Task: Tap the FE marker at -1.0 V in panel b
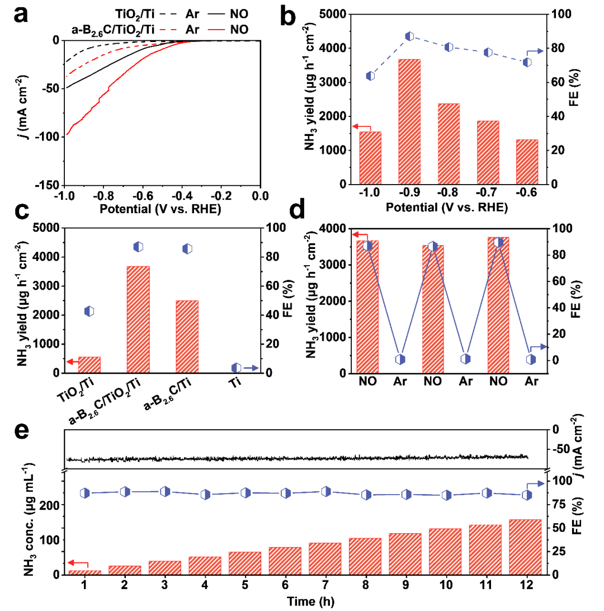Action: click(x=370, y=76)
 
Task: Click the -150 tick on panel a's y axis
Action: click(x=50, y=185)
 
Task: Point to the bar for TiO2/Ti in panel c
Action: click(x=89, y=364)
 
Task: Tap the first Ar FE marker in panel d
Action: click(x=400, y=359)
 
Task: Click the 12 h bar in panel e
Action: click(x=526, y=547)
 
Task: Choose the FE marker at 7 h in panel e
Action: click(x=326, y=492)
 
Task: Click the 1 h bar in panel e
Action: click(x=84, y=572)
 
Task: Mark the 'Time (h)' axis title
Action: click(x=305, y=601)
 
